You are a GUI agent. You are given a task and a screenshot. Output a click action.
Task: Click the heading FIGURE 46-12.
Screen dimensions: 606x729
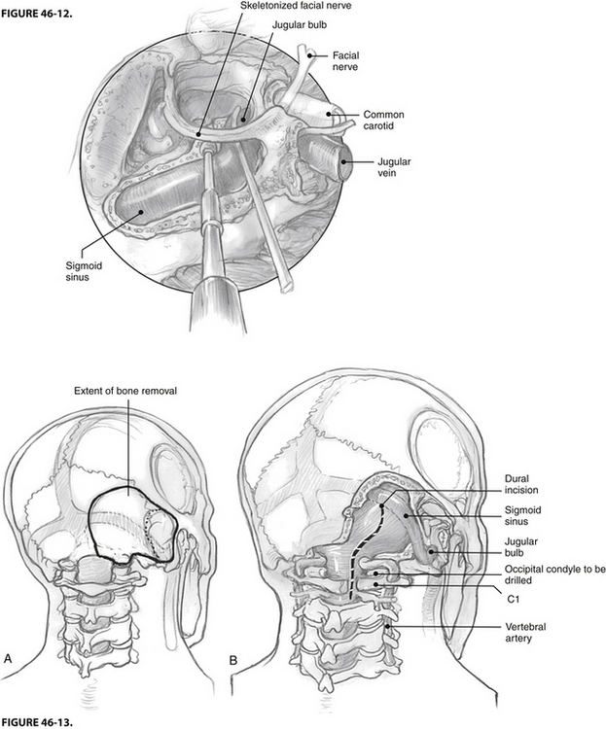[36, 13]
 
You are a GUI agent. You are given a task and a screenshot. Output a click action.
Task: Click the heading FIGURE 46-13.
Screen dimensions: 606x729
[37, 722]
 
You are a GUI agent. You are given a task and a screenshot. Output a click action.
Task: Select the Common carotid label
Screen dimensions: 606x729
[383, 120]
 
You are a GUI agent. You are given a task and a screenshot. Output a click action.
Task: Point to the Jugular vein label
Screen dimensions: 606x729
[394, 167]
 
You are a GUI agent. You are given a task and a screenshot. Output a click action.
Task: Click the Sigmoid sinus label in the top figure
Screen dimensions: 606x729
[77, 272]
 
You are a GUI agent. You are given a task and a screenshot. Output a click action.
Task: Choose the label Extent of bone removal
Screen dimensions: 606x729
[125, 391]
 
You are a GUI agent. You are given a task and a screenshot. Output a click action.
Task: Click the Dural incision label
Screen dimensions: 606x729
[521, 484]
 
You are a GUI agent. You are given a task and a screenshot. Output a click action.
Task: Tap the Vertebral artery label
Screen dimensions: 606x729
[525, 633]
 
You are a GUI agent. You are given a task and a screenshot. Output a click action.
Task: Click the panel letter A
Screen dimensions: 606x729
[8, 658]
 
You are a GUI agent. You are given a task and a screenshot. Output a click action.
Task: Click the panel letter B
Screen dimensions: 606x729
[233, 660]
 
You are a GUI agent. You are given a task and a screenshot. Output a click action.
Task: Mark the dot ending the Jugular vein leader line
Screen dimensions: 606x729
[344, 162]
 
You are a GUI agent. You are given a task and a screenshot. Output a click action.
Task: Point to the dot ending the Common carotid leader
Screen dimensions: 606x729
[329, 114]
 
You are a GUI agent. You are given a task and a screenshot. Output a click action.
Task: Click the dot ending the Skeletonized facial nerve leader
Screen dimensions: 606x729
[198, 135]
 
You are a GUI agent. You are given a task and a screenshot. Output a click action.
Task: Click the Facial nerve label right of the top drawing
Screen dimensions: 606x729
[345, 61]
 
